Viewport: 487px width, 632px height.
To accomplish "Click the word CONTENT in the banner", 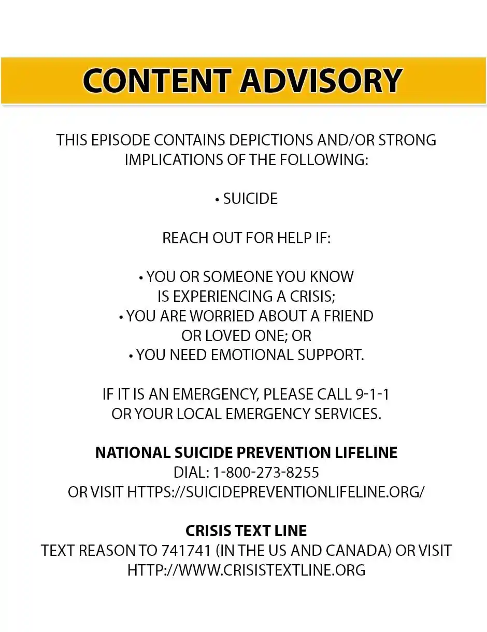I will (156, 81).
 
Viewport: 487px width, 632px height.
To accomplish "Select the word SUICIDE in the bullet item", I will (250, 199).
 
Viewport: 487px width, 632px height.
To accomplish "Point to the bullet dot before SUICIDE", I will (218, 200).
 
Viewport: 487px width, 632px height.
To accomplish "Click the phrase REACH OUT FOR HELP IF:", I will (246, 238).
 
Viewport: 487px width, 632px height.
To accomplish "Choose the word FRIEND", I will (349, 316).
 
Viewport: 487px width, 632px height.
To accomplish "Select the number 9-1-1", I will (373, 394).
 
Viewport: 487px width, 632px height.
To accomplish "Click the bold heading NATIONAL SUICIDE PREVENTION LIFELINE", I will (246, 452).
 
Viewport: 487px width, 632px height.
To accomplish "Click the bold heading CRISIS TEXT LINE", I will (246, 531).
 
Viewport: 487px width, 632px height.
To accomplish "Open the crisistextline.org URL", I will (246, 570).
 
